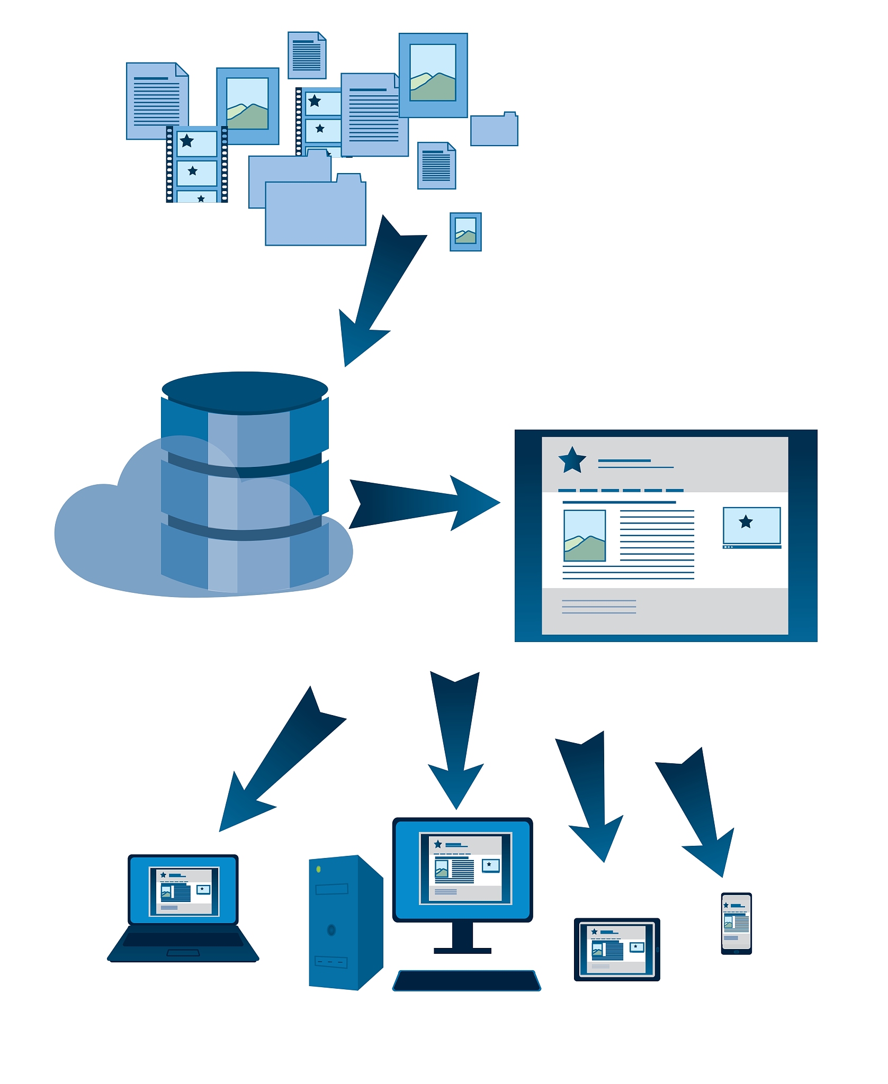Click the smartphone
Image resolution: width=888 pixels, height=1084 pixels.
pyautogui.click(x=736, y=923)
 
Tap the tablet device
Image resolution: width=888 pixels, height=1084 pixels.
pyautogui.click(x=617, y=949)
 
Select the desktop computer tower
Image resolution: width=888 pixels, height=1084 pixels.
pyautogui.click(x=344, y=924)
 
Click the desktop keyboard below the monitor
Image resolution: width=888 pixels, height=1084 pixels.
pyautogui.click(x=467, y=980)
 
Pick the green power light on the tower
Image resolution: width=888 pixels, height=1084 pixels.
pyautogui.click(x=318, y=869)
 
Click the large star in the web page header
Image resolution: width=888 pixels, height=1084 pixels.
pyautogui.click(x=572, y=460)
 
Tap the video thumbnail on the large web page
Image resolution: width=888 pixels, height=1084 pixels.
pyautogui.click(x=751, y=526)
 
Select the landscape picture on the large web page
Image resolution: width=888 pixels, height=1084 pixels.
pyautogui.click(x=585, y=536)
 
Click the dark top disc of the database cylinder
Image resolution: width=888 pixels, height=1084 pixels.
pyautogui.click(x=245, y=391)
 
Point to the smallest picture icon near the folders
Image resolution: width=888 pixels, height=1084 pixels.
pyautogui.click(x=465, y=232)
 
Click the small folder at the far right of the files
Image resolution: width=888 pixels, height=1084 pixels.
pyautogui.click(x=494, y=130)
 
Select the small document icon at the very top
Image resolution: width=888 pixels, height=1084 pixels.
pyautogui.click(x=307, y=55)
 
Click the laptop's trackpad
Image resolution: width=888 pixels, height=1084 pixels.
pyautogui.click(x=183, y=953)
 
